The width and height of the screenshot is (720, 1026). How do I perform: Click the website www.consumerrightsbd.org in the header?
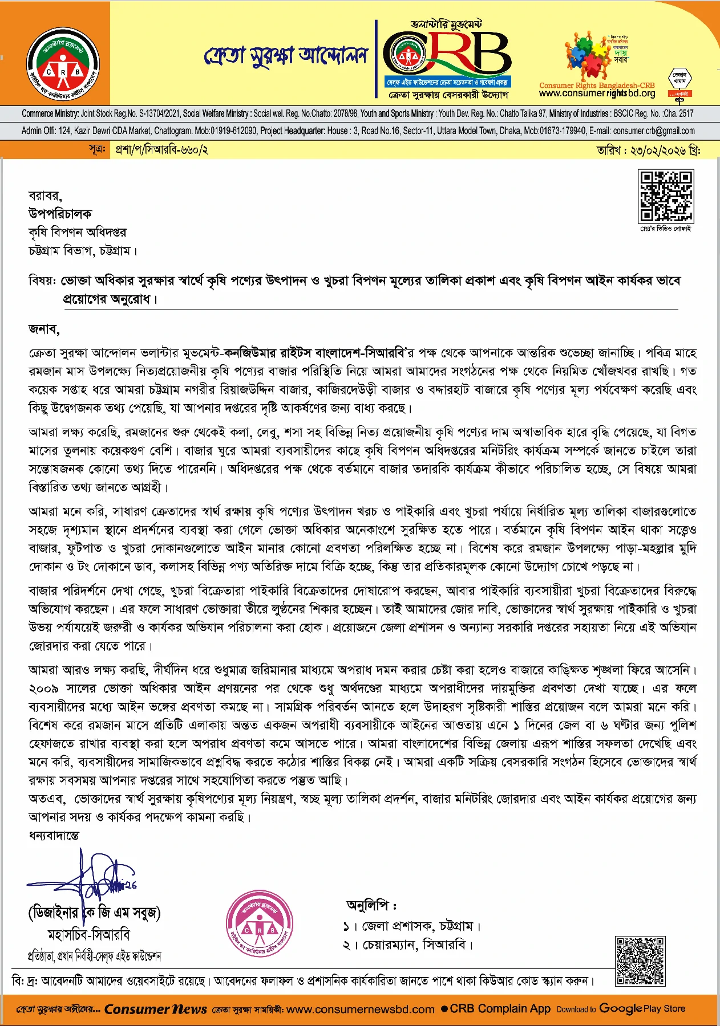pyautogui.click(x=597, y=93)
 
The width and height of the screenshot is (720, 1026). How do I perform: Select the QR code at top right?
pyautogui.click(x=665, y=196)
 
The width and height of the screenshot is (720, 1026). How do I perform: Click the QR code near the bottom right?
pyautogui.click(x=640, y=960)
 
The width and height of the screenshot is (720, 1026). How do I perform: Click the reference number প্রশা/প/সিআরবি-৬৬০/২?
pyautogui.click(x=161, y=150)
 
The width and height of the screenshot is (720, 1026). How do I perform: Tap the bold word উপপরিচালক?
pyautogui.click(x=60, y=214)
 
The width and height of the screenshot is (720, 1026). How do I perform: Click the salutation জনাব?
pyautogui.click(x=44, y=329)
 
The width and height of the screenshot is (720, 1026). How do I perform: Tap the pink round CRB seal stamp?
pyautogui.click(x=260, y=926)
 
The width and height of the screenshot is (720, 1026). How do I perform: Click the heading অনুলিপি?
pyautogui.click(x=371, y=905)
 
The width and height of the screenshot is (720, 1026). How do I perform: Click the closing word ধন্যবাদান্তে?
pyautogui.click(x=54, y=835)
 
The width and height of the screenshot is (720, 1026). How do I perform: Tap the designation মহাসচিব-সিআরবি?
pyautogui.click(x=89, y=935)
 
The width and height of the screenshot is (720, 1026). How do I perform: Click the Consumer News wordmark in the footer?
pyautogui.click(x=155, y=1009)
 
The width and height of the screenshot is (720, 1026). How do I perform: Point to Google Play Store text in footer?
pyautogui.click(x=642, y=1009)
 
